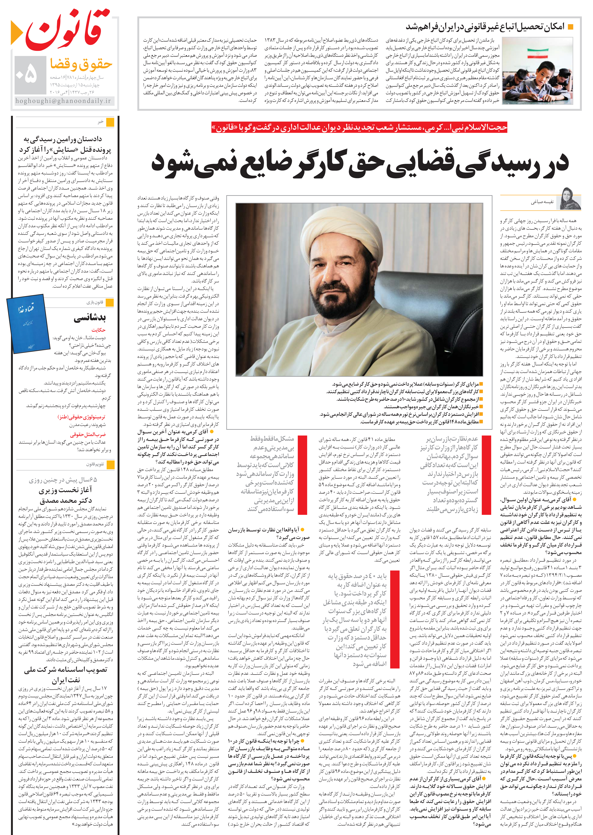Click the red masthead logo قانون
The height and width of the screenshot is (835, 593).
(x=67, y=31)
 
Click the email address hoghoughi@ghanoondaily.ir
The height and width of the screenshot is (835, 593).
(x=63, y=101)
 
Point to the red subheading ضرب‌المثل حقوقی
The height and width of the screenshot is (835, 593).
(x=88, y=434)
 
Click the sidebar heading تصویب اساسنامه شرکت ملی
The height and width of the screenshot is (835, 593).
(x=66, y=670)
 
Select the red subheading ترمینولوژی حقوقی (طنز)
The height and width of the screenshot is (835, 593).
(x=81, y=417)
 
